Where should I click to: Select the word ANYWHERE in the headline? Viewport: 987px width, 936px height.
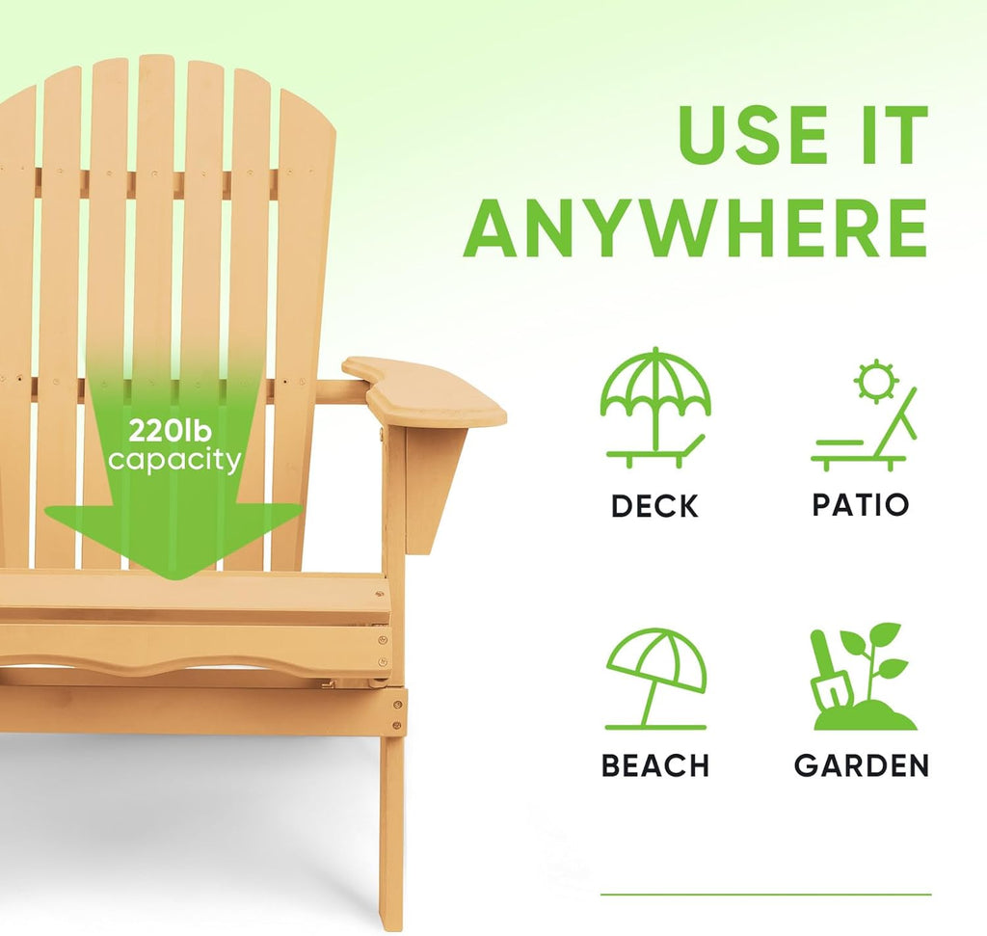[695, 228]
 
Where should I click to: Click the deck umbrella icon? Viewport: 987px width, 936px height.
[655, 408]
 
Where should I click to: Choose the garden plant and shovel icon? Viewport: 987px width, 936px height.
[862, 677]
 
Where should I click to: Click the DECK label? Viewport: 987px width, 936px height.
[655, 506]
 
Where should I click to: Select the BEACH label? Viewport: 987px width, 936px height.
[655, 766]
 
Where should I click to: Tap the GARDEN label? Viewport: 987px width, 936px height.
[862, 766]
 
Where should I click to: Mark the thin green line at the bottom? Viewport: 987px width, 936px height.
[765, 895]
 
